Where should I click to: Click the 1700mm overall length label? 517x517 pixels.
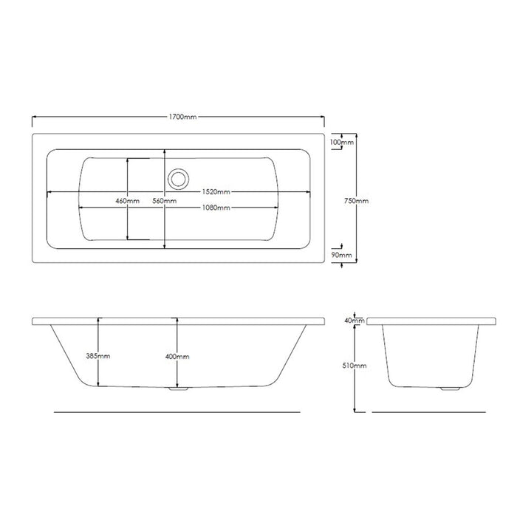182,117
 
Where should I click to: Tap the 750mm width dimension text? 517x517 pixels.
356,200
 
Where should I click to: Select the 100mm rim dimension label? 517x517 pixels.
341,142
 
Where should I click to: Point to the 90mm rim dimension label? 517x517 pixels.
341,255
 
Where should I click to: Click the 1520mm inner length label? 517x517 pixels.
216,192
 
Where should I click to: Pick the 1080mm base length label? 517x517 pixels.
216,208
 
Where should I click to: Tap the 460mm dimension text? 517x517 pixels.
128,201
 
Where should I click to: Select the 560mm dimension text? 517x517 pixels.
165,201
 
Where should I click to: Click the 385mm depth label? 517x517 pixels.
98,356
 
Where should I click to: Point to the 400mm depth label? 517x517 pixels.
177,357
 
